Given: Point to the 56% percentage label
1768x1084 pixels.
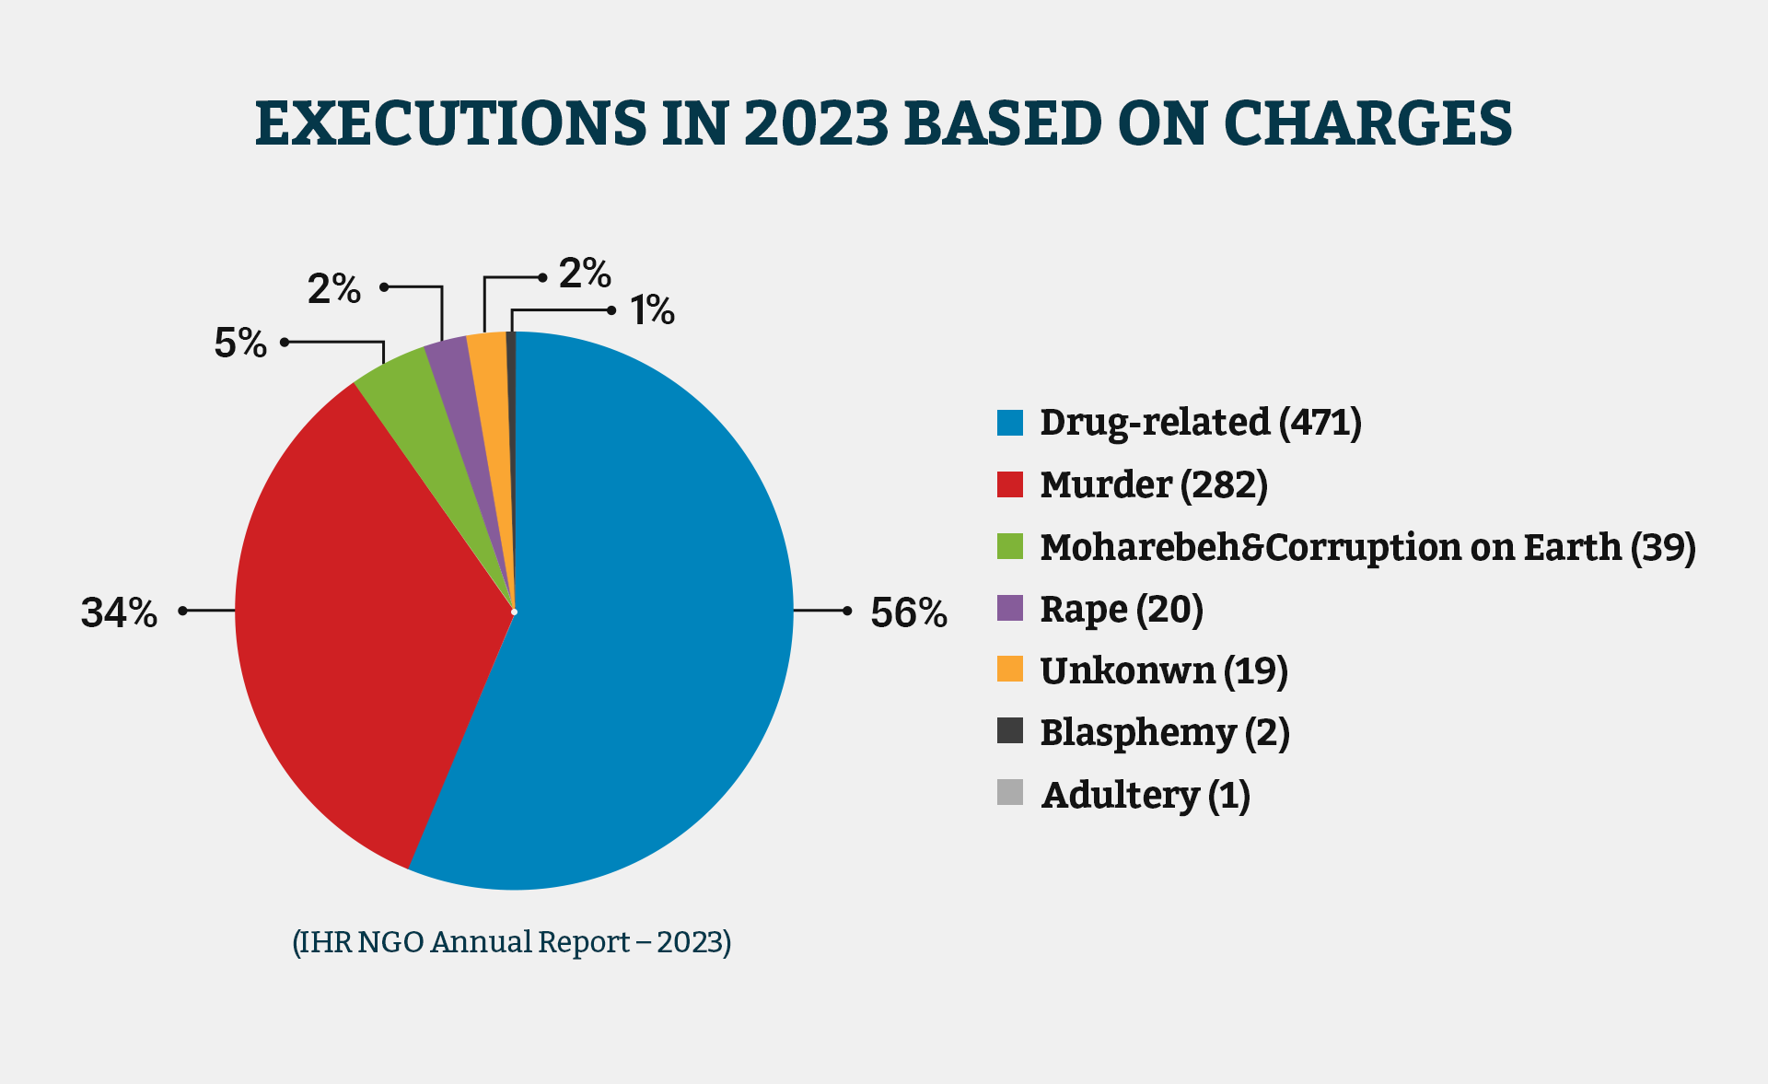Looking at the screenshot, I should click(908, 613).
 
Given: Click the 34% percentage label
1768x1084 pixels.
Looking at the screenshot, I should click(119, 613).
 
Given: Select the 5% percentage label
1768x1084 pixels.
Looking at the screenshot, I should click(239, 344).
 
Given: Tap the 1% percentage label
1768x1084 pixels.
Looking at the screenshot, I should click(652, 310).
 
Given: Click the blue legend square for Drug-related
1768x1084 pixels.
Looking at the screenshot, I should click(1009, 423).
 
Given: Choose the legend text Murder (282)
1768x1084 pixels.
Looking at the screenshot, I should click(1153, 484).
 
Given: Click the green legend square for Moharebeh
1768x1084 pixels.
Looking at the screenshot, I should click(1009, 546).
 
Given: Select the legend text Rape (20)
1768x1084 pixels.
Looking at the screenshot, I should click(1121, 609).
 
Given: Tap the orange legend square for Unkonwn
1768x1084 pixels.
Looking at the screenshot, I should click(1009, 670).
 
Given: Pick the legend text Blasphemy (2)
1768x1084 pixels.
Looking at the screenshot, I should click(1164, 732).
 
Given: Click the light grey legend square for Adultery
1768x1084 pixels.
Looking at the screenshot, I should click(1009, 793).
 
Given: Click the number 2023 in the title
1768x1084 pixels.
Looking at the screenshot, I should click(816, 123).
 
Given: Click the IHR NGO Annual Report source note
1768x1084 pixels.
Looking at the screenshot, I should click(511, 942).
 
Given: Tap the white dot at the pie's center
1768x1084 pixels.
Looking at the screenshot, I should click(514, 612).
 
